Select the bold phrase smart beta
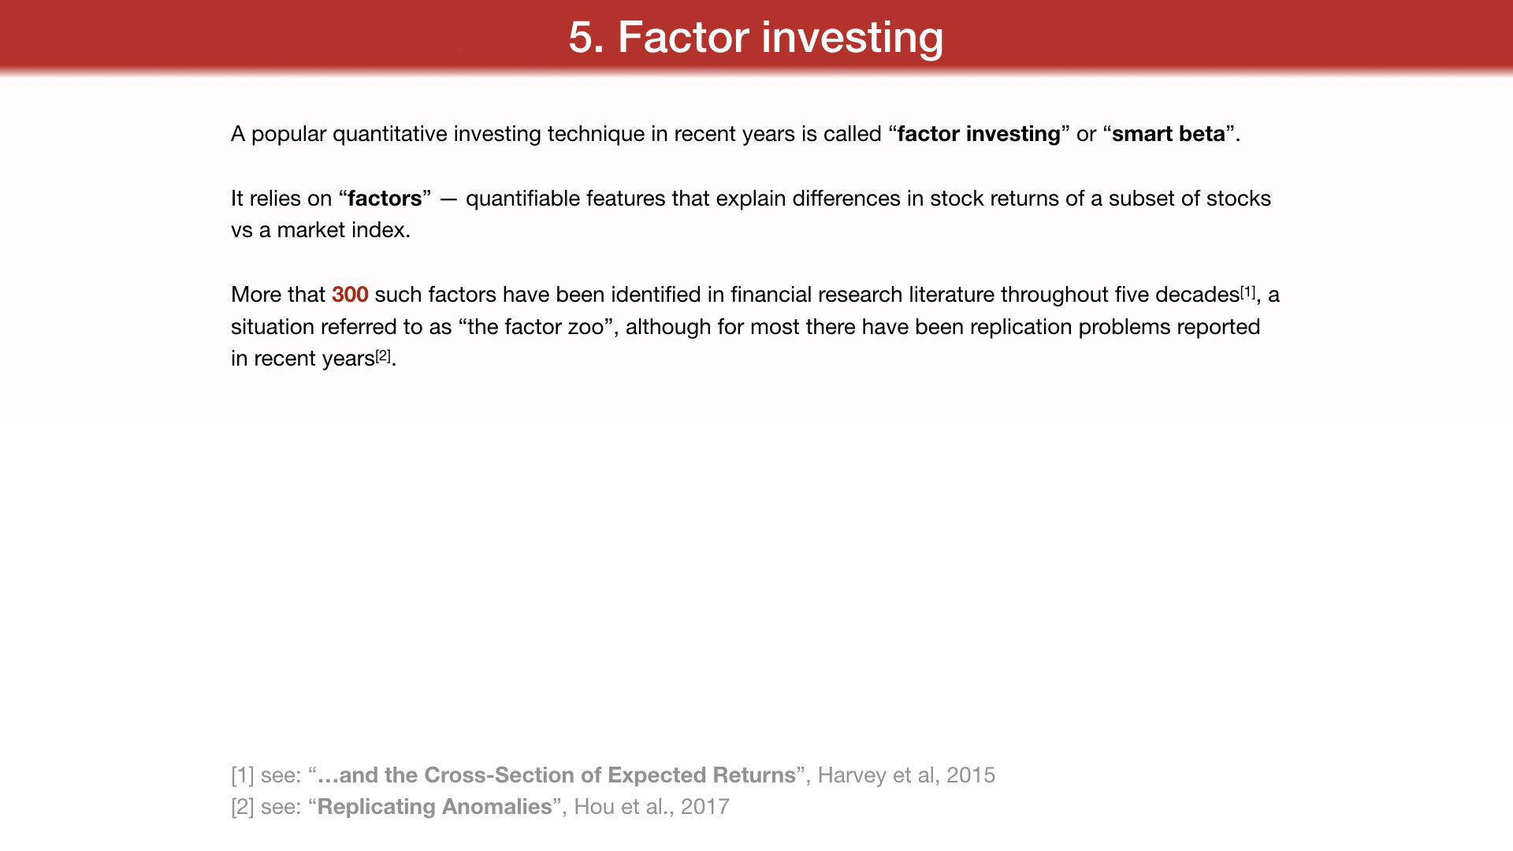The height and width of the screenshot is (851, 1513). coord(1169,134)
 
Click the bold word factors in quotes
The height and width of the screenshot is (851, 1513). coord(385,199)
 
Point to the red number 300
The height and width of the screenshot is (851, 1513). coord(350,295)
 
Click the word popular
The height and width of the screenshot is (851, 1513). coord(288,135)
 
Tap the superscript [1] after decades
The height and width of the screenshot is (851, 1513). coord(1248,292)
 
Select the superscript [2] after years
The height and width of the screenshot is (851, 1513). coord(383,356)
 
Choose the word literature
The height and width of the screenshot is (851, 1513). coord(951,295)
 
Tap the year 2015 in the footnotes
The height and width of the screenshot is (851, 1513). coord(971,775)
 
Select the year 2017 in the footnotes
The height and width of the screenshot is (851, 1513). coord(705,807)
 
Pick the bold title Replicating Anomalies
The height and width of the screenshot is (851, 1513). coord(435,808)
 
